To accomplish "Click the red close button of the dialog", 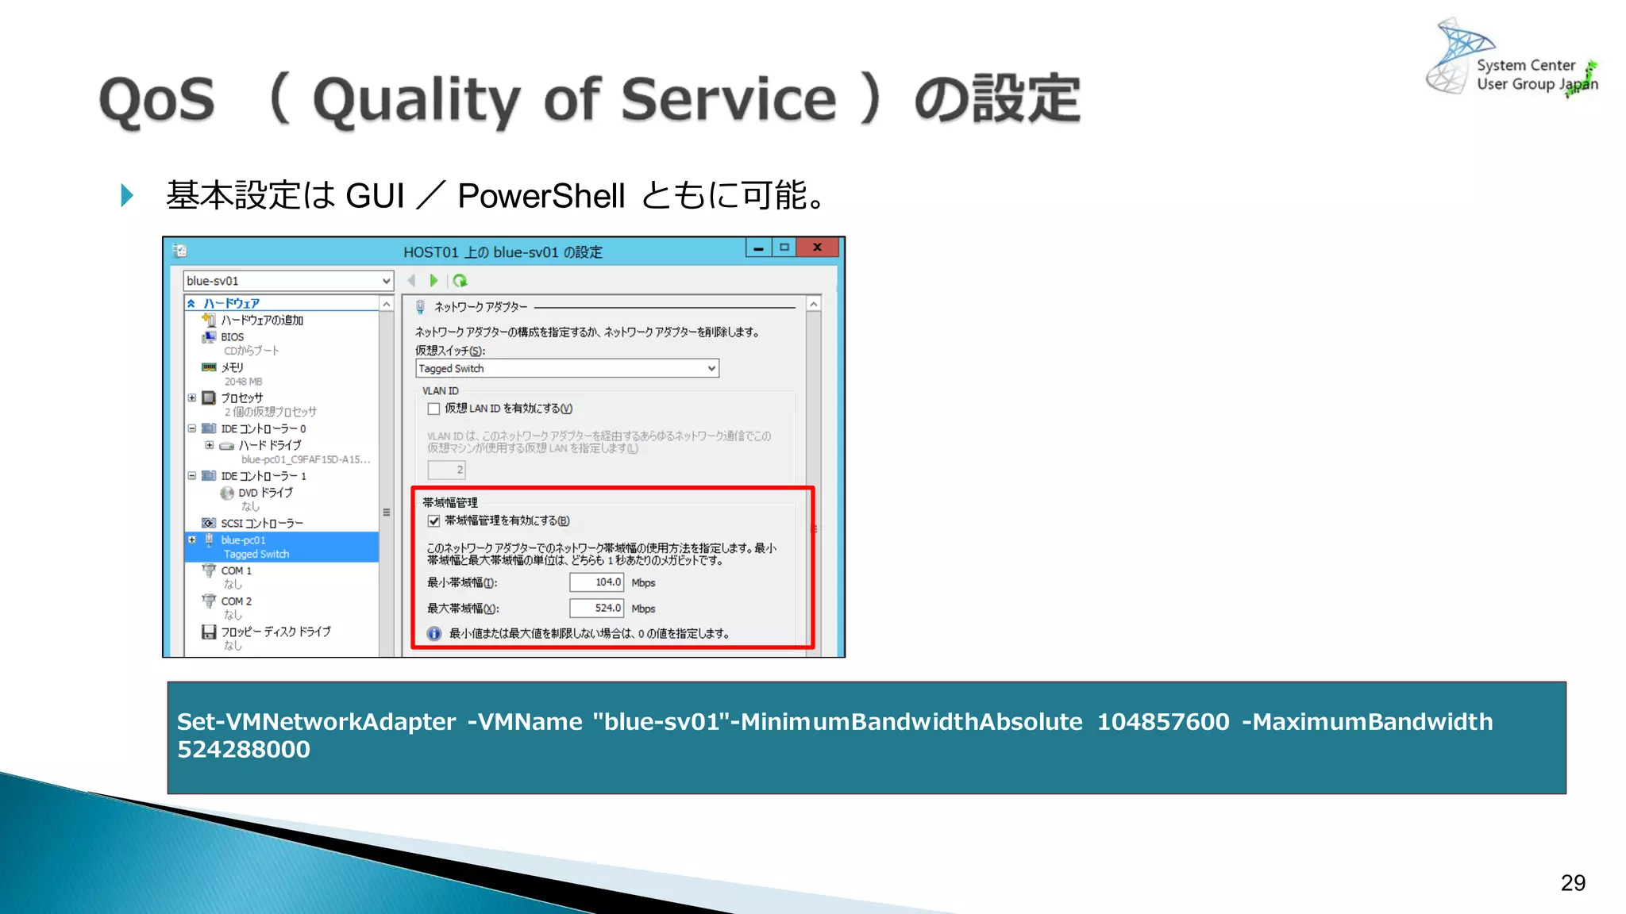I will [817, 248].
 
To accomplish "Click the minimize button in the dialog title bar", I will [759, 248].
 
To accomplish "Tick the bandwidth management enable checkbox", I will [434, 521].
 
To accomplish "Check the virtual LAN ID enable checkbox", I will [434, 409].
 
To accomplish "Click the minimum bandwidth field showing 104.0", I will [596, 582].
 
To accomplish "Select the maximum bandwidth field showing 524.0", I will [596, 609].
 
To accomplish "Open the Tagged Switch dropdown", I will [711, 368].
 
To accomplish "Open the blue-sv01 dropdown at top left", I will [386, 281].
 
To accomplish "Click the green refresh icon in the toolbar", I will [460, 281].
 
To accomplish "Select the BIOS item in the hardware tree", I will [232, 337].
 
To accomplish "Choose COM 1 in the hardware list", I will [236, 570].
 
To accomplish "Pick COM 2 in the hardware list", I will [236, 601].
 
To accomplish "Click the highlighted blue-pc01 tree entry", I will [243, 540].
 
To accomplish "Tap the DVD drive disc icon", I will [227, 493].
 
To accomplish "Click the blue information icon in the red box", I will [434, 634].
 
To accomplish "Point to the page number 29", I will [1573, 883].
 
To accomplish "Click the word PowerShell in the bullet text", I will [541, 196].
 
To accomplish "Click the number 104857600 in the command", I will [1162, 722].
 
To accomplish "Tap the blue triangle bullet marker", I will [127, 195].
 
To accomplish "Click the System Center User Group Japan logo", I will [1512, 60].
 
